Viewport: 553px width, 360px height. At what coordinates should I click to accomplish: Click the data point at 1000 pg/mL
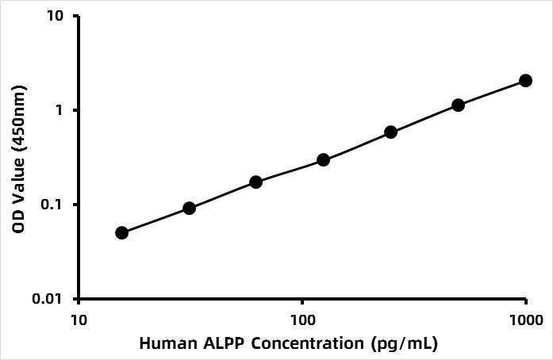tap(525, 80)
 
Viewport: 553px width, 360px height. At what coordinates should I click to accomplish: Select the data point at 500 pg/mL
tap(458, 105)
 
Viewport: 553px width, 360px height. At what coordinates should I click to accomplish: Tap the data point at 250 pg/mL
tap(390, 132)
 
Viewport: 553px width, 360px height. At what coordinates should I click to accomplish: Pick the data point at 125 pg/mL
tap(323, 159)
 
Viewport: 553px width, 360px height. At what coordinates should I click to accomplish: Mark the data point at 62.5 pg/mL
tap(255, 182)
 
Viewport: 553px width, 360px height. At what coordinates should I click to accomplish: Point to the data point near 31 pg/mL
tap(189, 208)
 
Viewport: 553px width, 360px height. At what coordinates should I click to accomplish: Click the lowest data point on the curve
tap(121, 232)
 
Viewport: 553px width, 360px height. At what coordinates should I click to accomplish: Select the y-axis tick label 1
tap(62, 110)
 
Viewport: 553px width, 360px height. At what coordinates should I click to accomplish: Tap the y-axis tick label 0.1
tap(56, 205)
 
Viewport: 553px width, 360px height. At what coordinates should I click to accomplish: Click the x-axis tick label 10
tap(78, 320)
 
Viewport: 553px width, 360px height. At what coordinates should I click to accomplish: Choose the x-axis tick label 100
tap(302, 320)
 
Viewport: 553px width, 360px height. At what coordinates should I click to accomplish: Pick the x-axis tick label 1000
tap(526, 320)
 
